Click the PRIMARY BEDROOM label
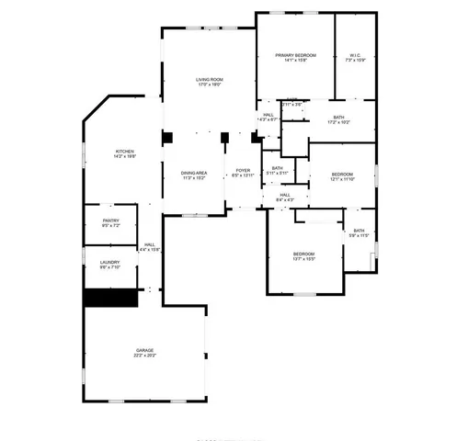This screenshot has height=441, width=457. click(295, 56)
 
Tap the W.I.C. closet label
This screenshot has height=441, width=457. click(355, 56)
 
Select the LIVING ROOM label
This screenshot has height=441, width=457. click(209, 80)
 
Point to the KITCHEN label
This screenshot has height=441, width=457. click(124, 152)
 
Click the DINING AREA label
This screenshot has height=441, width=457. click(193, 173)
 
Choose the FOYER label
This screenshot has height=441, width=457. click(243, 170)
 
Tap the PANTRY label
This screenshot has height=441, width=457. click(110, 221)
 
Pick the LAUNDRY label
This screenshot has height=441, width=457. click(109, 264)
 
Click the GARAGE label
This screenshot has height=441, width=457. click(144, 350)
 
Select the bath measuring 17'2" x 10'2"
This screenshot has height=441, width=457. click(338, 118)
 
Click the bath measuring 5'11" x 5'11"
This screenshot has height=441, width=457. click(277, 169)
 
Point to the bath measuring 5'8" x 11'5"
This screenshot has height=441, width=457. click(359, 232)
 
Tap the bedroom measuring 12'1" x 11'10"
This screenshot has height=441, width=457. click(342, 175)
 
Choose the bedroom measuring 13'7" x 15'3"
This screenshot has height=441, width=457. click(303, 254)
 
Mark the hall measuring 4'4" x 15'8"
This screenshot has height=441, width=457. click(149, 245)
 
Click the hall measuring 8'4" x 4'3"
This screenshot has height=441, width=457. click(285, 195)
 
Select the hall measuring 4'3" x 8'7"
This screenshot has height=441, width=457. click(268, 116)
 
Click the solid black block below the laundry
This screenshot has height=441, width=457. click(109, 299)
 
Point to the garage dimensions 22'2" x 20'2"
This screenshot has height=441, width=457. click(144, 356)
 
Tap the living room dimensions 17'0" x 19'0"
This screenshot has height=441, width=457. click(209, 85)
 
